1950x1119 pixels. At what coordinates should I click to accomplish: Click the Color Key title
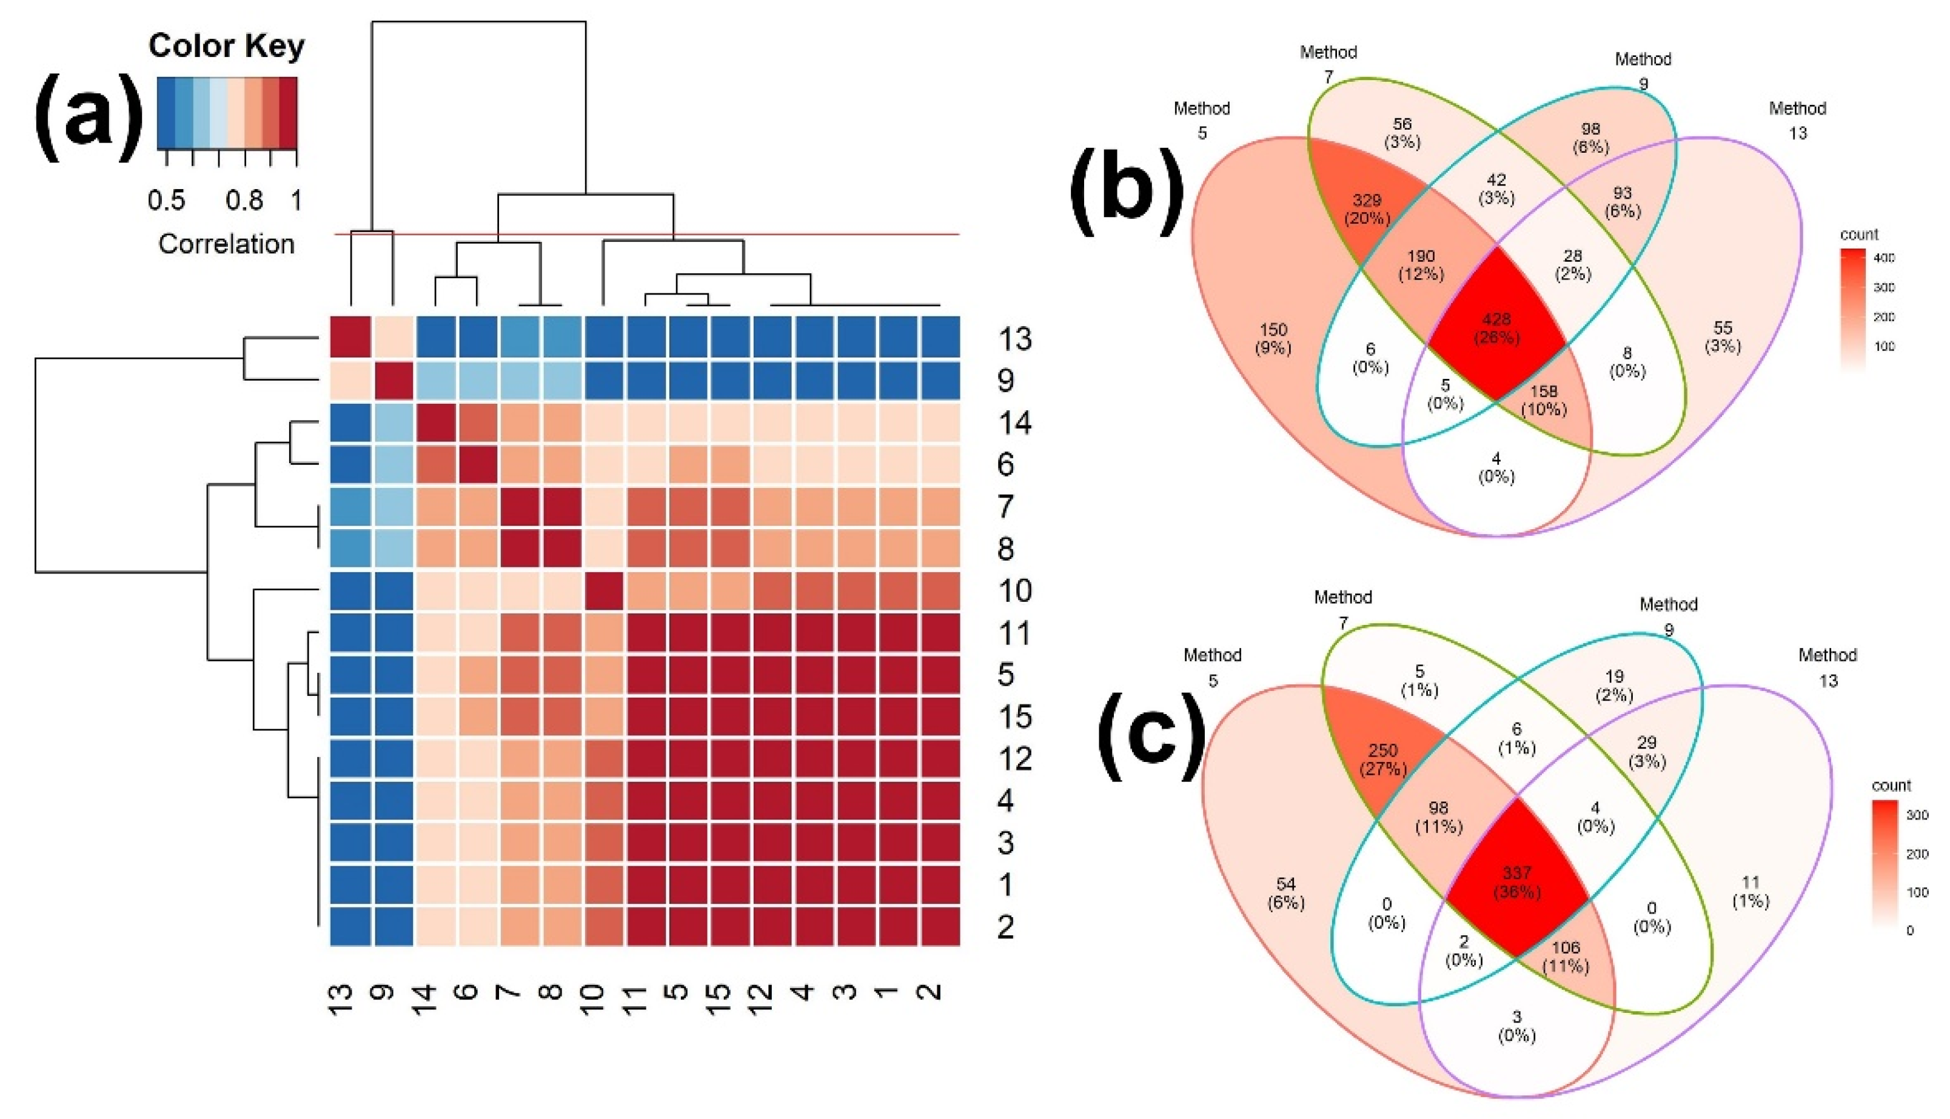226,46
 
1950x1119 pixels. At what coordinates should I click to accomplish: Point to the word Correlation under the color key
226,244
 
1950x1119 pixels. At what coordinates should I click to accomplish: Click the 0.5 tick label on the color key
166,201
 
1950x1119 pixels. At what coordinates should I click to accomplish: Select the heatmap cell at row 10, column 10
603,591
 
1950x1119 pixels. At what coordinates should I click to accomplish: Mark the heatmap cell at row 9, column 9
394,379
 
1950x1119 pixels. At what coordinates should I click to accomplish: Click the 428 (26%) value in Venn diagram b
1496,327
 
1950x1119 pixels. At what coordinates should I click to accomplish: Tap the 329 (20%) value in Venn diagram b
1367,209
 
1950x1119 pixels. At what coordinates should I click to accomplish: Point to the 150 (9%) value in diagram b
1273,339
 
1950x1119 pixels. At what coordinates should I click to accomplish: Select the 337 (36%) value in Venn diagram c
1516,881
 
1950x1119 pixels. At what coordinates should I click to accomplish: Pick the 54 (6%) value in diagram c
1285,893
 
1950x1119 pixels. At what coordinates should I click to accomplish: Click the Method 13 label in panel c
1827,667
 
